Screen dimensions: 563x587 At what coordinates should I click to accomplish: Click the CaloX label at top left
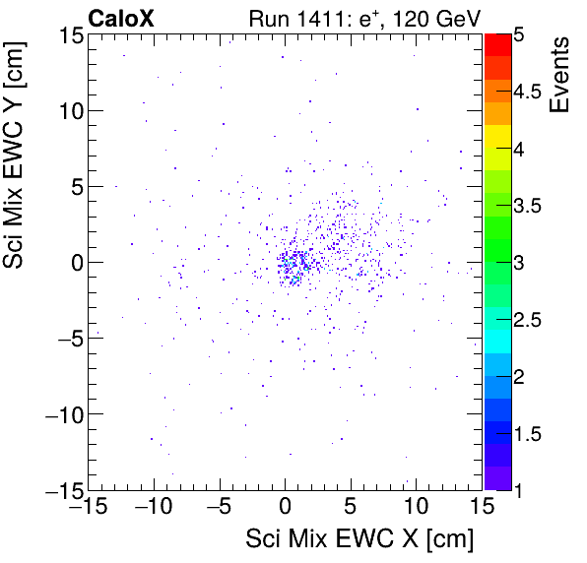point(120,17)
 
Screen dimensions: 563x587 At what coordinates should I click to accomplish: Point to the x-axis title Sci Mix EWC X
point(359,539)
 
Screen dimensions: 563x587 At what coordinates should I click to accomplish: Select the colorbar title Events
point(559,74)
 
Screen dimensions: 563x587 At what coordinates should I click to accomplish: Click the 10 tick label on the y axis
point(68,110)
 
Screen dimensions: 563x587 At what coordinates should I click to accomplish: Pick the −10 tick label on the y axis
point(62,413)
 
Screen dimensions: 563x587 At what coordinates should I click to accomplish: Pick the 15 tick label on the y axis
point(68,35)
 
